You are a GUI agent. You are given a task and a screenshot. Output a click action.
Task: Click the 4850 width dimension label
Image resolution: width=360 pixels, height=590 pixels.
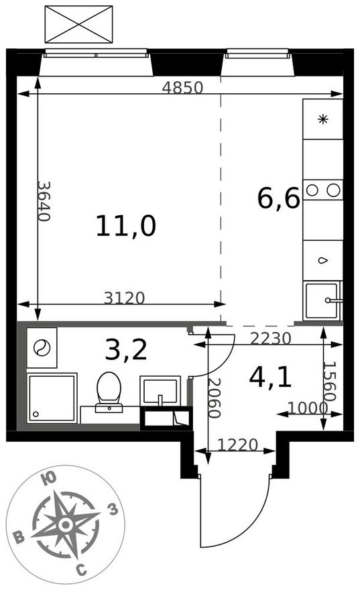(x=182, y=88)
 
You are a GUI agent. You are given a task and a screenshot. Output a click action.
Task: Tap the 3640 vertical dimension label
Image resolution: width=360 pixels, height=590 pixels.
(x=44, y=201)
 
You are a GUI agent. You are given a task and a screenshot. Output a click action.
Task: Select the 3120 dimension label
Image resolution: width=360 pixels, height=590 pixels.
(x=125, y=298)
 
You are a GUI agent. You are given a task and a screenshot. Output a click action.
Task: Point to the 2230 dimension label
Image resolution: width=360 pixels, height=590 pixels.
(x=271, y=339)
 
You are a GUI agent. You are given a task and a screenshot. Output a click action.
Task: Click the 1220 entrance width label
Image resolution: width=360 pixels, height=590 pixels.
(x=238, y=445)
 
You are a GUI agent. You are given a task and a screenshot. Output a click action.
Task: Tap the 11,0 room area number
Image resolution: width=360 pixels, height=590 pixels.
(x=125, y=226)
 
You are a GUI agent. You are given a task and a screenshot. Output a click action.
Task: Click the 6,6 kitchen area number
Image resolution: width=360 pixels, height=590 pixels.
(x=279, y=198)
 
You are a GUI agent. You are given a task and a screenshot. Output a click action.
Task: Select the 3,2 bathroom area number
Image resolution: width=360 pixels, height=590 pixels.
(x=125, y=349)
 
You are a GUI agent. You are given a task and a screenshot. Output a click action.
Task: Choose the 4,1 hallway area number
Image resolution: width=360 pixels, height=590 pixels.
(x=270, y=377)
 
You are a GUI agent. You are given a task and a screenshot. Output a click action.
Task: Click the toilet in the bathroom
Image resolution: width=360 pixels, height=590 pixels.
(x=109, y=392)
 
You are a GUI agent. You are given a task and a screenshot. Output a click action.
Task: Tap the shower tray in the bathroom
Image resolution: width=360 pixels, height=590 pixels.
(x=52, y=398)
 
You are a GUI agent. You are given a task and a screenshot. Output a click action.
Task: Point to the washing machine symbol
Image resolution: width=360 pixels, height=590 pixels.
(x=42, y=348)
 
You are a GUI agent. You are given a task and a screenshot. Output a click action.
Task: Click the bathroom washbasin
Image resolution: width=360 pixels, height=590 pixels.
(x=160, y=391)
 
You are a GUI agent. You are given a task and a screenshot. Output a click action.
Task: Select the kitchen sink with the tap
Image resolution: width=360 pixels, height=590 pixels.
(x=322, y=300)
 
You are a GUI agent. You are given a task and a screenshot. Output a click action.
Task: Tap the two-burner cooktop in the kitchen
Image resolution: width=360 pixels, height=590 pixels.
(x=322, y=190)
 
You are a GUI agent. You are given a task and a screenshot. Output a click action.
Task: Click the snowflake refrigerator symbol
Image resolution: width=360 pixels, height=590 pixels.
(x=322, y=119)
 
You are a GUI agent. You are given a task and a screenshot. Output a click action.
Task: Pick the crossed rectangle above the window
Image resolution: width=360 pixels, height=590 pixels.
(x=78, y=24)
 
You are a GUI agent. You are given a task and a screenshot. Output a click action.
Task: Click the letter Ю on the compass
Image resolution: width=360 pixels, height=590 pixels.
(x=49, y=479)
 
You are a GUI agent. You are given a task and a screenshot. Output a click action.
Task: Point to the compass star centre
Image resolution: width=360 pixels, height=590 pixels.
(x=66, y=524)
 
